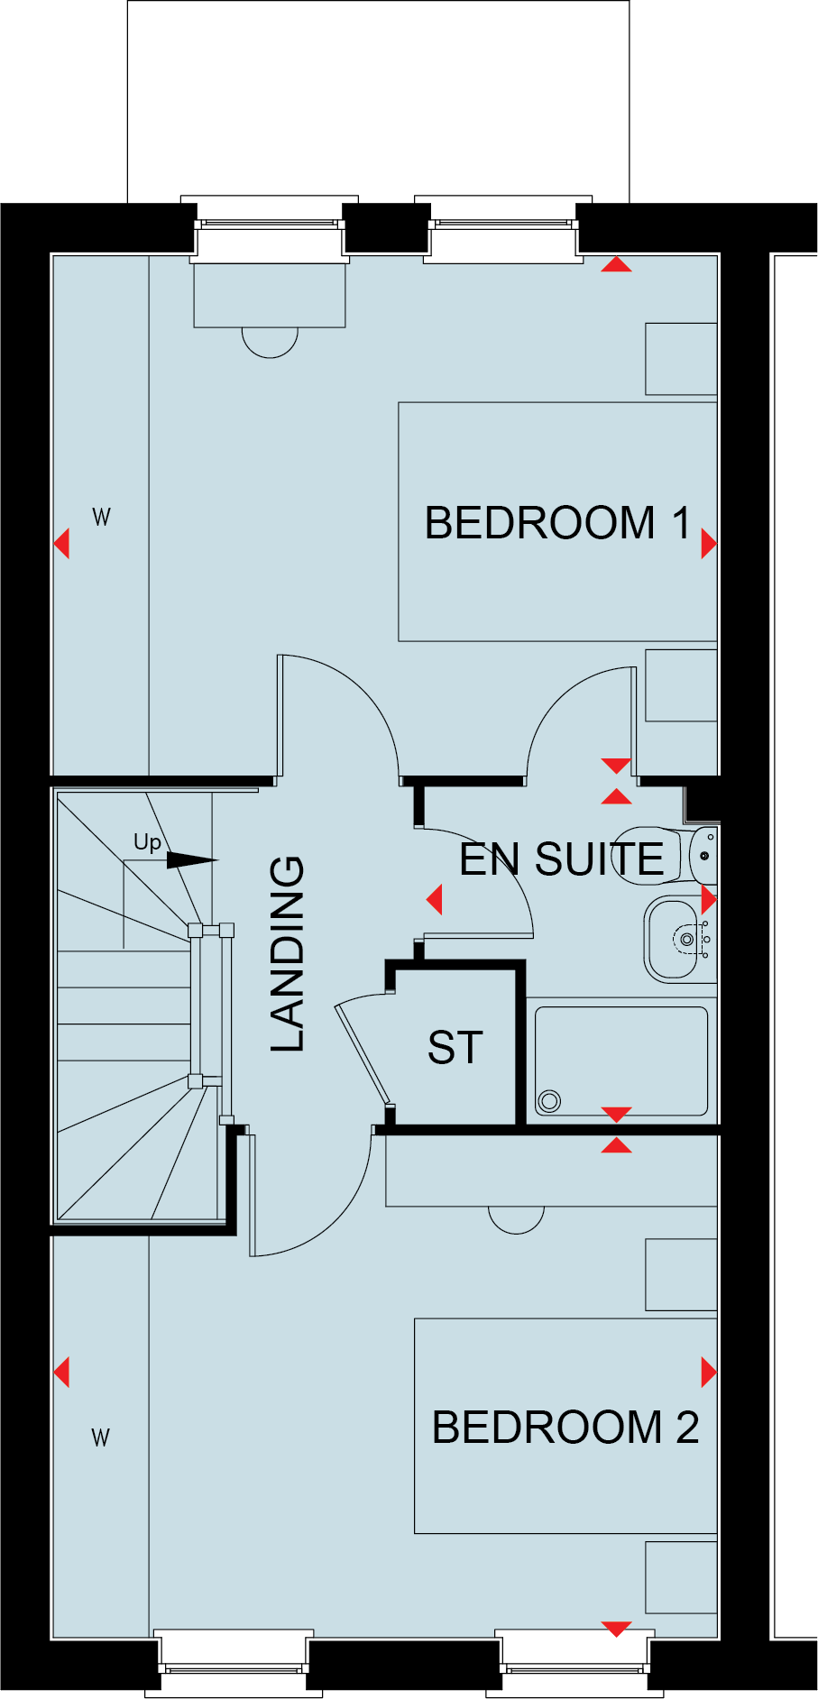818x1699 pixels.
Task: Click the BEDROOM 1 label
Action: coord(556,523)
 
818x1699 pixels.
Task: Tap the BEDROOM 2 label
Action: coord(565,1427)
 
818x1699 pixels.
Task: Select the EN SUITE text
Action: coord(561,859)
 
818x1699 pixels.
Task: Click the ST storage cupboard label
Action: coord(455,1048)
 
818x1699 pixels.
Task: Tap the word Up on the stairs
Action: coord(147,842)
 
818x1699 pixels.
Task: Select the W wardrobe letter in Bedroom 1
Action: coord(101,517)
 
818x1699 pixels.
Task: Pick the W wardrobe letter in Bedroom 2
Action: coord(100,1437)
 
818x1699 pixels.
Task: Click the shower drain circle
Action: coord(548,1100)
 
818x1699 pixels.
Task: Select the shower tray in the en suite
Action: coord(621,1061)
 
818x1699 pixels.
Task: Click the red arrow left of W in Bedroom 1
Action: coord(61,544)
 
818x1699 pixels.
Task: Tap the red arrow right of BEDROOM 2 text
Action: coord(709,1373)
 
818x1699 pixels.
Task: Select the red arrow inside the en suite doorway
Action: coord(435,899)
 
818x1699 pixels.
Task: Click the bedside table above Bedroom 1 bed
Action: coord(681,359)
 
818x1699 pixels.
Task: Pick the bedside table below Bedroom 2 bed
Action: coord(681,1577)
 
